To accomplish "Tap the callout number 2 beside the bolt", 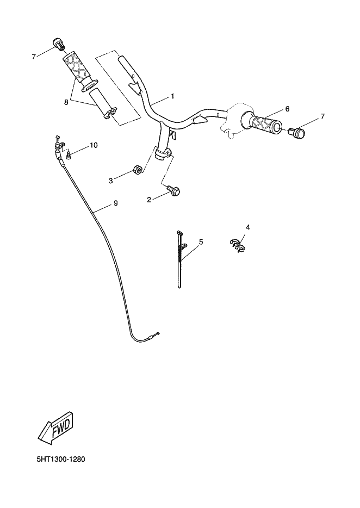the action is click(x=148, y=200).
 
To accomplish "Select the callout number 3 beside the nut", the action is click(x=110, y=180).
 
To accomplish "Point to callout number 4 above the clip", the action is click(x=247, y=227).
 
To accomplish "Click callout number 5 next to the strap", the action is click(x=201, y=241).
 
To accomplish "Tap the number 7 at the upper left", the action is click(x=34, y=56).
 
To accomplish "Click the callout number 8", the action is click(x=66, y=101).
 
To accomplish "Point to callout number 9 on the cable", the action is click(x=115, y=203).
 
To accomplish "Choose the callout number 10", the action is click(x=94, y=145).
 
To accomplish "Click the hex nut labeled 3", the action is click(x=138, y=171).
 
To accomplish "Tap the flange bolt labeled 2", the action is click(x=175, y=190).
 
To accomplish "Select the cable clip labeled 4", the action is click(x=236, y=244).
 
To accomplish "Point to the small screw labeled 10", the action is click(x=69, y=156).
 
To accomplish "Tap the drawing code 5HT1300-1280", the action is click(x=60, y=460).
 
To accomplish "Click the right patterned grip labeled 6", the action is click(x=263, y=124).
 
